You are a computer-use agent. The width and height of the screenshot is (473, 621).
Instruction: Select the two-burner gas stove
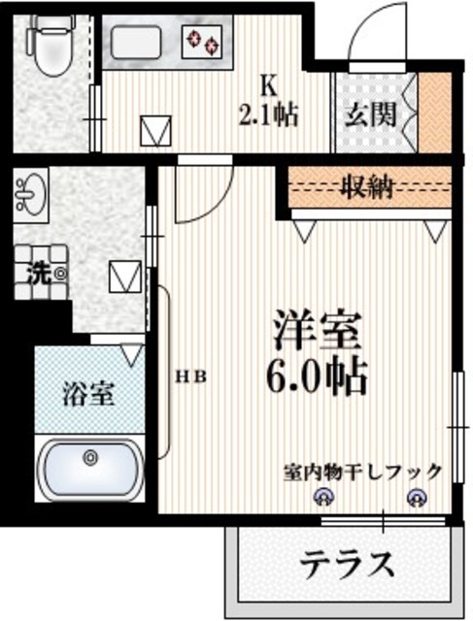point(205,42)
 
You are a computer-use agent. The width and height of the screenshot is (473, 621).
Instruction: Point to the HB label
point(190,376)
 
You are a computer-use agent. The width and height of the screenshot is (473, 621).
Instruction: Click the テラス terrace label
point(347,563)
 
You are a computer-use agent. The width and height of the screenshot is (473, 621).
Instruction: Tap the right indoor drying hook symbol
point(418,499)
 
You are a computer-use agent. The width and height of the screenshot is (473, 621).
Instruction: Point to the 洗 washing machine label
point(40,273)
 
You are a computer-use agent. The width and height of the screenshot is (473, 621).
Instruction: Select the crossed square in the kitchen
point(153,129)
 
